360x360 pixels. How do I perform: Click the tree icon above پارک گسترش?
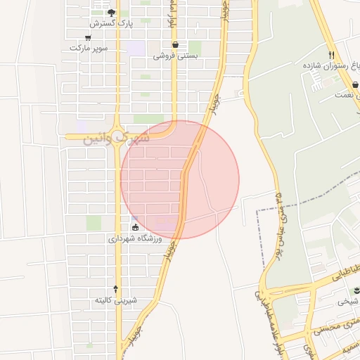[x=111, y=13]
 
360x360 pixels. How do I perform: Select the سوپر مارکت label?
[x=88, y=49]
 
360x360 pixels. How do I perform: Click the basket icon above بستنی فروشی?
[x=175, y=44]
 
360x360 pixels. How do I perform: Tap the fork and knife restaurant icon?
[x=330, y=55]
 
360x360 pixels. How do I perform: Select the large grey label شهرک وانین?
[x=117, y=139]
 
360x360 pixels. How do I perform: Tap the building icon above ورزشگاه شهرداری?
[x=135, y=228]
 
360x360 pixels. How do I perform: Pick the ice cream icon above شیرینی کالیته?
[x=116, y=290]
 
